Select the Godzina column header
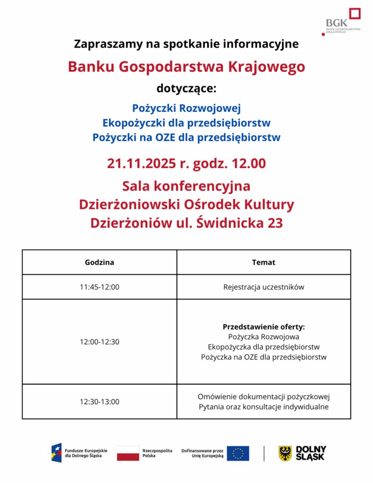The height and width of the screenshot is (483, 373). tap(99, 262)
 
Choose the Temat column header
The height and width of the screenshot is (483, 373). tap(264, 262)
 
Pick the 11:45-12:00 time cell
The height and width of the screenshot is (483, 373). tap(99, 287)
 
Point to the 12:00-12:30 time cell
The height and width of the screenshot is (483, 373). tap(99, 341)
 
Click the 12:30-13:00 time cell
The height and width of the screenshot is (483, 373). tap(99, 402)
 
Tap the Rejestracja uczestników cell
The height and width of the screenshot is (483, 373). tap(264, 287)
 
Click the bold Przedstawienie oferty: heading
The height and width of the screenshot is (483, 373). tap(264, 326)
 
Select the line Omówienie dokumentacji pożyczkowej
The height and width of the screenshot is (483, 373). tap(264, 396)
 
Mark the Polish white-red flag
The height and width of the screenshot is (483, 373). tap(128, 453)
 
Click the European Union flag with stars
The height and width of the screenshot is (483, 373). tap(238, 453)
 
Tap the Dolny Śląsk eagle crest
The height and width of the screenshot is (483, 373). tap(285, 453)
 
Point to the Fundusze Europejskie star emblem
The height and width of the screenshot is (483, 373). tap(57, 453)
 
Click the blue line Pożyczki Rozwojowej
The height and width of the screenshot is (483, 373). tap(186, 108)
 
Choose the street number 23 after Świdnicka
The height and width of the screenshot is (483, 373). tap(274, 223)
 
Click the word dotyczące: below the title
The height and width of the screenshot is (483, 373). tap(186, 88)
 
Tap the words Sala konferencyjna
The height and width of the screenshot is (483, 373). tap(186, 186)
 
